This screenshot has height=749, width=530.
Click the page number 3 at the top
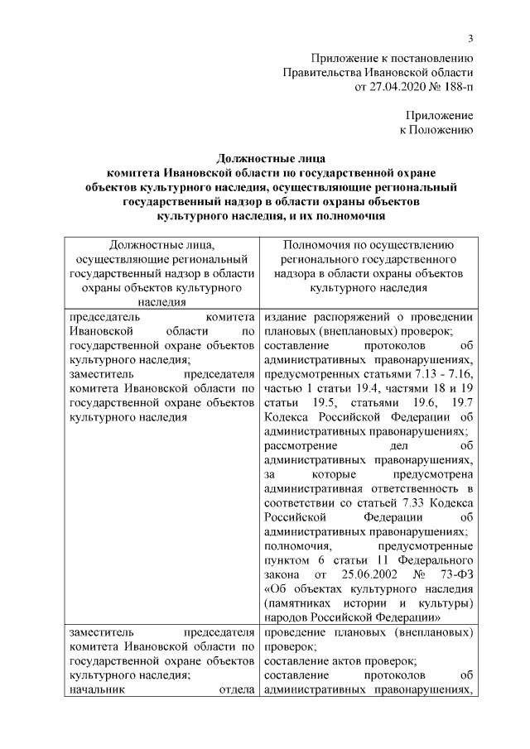click(470, 38)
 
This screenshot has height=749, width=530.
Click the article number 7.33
click(410, 503)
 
